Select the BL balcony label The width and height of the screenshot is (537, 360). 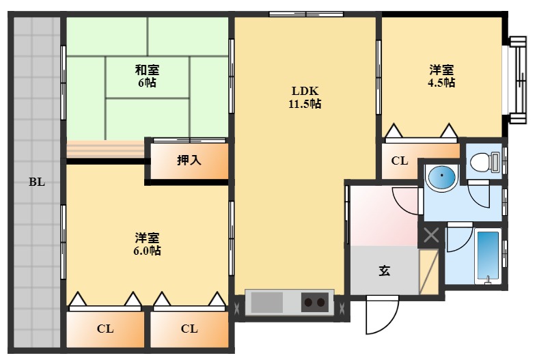point(37,182)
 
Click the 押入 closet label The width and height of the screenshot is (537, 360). point(189,161)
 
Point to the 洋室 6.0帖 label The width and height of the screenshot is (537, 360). point(147,244)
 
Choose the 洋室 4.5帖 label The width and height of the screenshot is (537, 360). point(441,76)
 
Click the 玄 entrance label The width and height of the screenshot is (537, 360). point(385,271)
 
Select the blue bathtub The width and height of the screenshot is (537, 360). point(488,255)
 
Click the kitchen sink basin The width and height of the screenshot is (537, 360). point(264,301)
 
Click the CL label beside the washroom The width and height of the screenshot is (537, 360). point(400,161)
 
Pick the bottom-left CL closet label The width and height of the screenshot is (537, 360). point(105,329)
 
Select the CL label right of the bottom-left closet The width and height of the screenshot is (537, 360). point(189,329)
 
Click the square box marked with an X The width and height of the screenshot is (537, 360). point(431,236)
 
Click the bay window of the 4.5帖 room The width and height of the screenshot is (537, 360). point(517,80)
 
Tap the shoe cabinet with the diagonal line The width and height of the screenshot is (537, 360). point(428,271)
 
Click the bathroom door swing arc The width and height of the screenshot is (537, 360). point(456,239)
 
